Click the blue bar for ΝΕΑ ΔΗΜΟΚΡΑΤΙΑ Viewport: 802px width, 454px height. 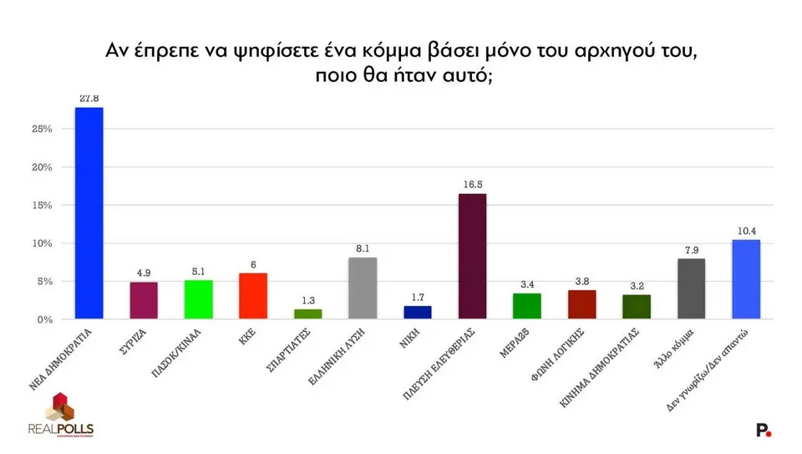tap(89, 213)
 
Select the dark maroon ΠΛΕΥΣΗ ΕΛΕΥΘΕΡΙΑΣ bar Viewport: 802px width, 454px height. tap(472, 257)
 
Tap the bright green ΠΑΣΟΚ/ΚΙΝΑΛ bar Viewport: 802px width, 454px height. tap(198, 299)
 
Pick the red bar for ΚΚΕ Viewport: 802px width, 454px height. tap(253, 296)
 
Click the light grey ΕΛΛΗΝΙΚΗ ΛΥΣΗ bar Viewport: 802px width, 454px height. tap(363, 288)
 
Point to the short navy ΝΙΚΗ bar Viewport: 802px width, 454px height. tap(417, 313)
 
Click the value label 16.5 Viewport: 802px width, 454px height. tap(472, 185)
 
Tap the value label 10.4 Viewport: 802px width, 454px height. tap(746, 231)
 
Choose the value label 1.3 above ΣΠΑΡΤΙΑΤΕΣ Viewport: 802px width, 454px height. tap(307, 300)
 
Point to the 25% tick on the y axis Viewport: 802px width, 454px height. tap(42, 130)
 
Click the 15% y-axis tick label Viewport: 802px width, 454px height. tap(42, 206)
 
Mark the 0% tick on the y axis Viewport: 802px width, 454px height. tap(45, 319)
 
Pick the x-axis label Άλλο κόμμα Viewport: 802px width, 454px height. tap(673, 351)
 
